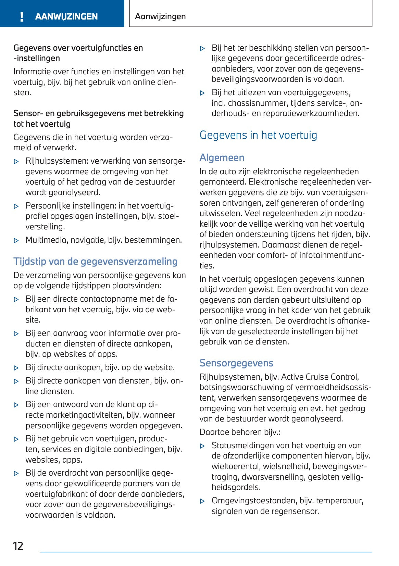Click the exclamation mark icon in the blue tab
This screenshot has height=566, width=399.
pos(22,16)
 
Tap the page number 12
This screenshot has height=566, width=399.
pos(18,546)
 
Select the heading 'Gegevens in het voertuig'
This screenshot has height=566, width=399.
pos(258,135)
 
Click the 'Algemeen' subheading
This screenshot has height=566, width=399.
pos(222,158)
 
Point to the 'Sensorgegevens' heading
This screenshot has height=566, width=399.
pos(236,363)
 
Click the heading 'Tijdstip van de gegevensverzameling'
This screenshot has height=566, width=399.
pos(95,261)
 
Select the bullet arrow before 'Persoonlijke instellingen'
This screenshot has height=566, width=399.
pos(16,206)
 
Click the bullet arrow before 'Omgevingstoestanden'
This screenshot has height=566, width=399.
pos(202,501)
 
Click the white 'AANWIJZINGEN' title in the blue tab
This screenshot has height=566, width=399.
pos(66,16)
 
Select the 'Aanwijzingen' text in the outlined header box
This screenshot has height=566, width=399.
pos(160,16)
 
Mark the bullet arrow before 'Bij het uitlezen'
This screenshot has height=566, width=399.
pos(202,93)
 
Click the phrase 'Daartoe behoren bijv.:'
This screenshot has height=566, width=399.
pos(240,432)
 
